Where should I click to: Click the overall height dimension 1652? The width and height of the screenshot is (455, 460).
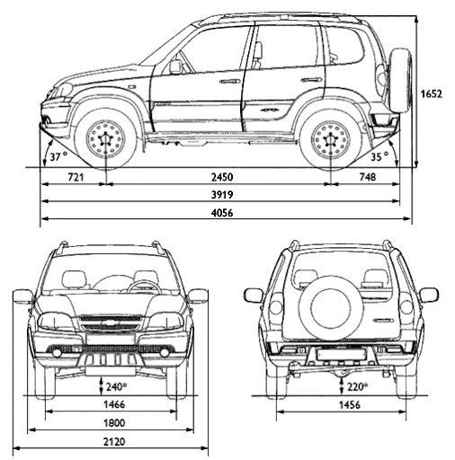(431, 94)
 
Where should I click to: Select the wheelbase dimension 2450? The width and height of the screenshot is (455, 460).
(222, 177)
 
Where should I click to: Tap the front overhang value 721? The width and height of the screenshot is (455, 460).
(76, 177)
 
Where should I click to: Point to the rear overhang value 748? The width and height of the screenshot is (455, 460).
(368, 177)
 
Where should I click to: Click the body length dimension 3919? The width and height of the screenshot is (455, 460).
(222, 195)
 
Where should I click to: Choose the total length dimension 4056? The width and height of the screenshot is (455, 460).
(222, 213)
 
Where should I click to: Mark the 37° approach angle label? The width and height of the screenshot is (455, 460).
(58, 156)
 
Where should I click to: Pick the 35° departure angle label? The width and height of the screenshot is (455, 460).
(379, 156)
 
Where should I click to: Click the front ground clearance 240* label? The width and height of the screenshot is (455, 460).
(117, 387)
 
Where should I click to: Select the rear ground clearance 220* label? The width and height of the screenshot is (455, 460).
(358, 387)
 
